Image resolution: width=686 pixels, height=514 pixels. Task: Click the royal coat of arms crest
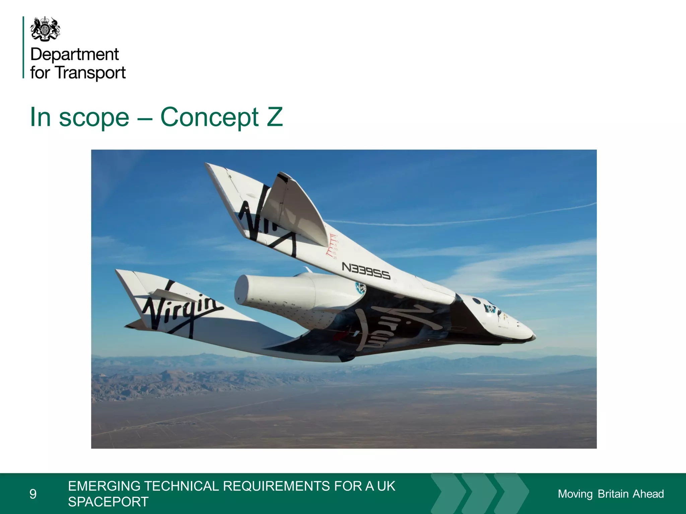45,29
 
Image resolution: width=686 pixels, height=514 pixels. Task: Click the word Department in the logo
74,54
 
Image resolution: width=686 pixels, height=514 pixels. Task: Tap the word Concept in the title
209,117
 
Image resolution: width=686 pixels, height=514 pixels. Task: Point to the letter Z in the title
275,117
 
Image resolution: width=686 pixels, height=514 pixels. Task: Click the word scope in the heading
94,118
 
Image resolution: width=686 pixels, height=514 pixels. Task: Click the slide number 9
33,494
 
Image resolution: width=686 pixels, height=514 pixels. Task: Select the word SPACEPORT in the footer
108,502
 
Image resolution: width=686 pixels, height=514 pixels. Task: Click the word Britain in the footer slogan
613,494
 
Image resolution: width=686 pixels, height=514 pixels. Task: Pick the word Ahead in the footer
648,494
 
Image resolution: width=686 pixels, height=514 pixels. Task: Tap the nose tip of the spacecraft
533,335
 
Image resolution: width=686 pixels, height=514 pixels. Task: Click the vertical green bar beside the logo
23,47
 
